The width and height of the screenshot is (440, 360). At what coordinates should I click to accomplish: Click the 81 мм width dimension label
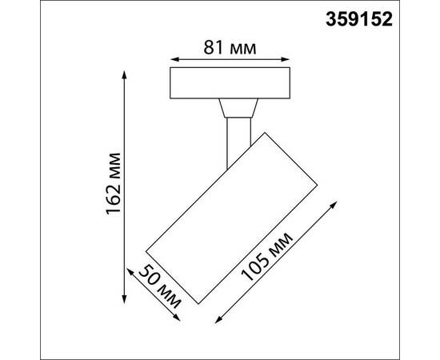231,48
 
